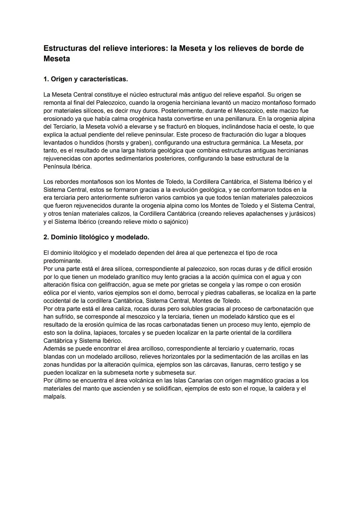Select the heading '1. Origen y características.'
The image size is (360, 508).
pos(86,79)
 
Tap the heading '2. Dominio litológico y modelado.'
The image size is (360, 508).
pos(96,237)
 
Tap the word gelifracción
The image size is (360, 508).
pos(115,285)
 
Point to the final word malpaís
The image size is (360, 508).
pos(54,397)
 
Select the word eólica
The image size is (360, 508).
pos(51,293)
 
